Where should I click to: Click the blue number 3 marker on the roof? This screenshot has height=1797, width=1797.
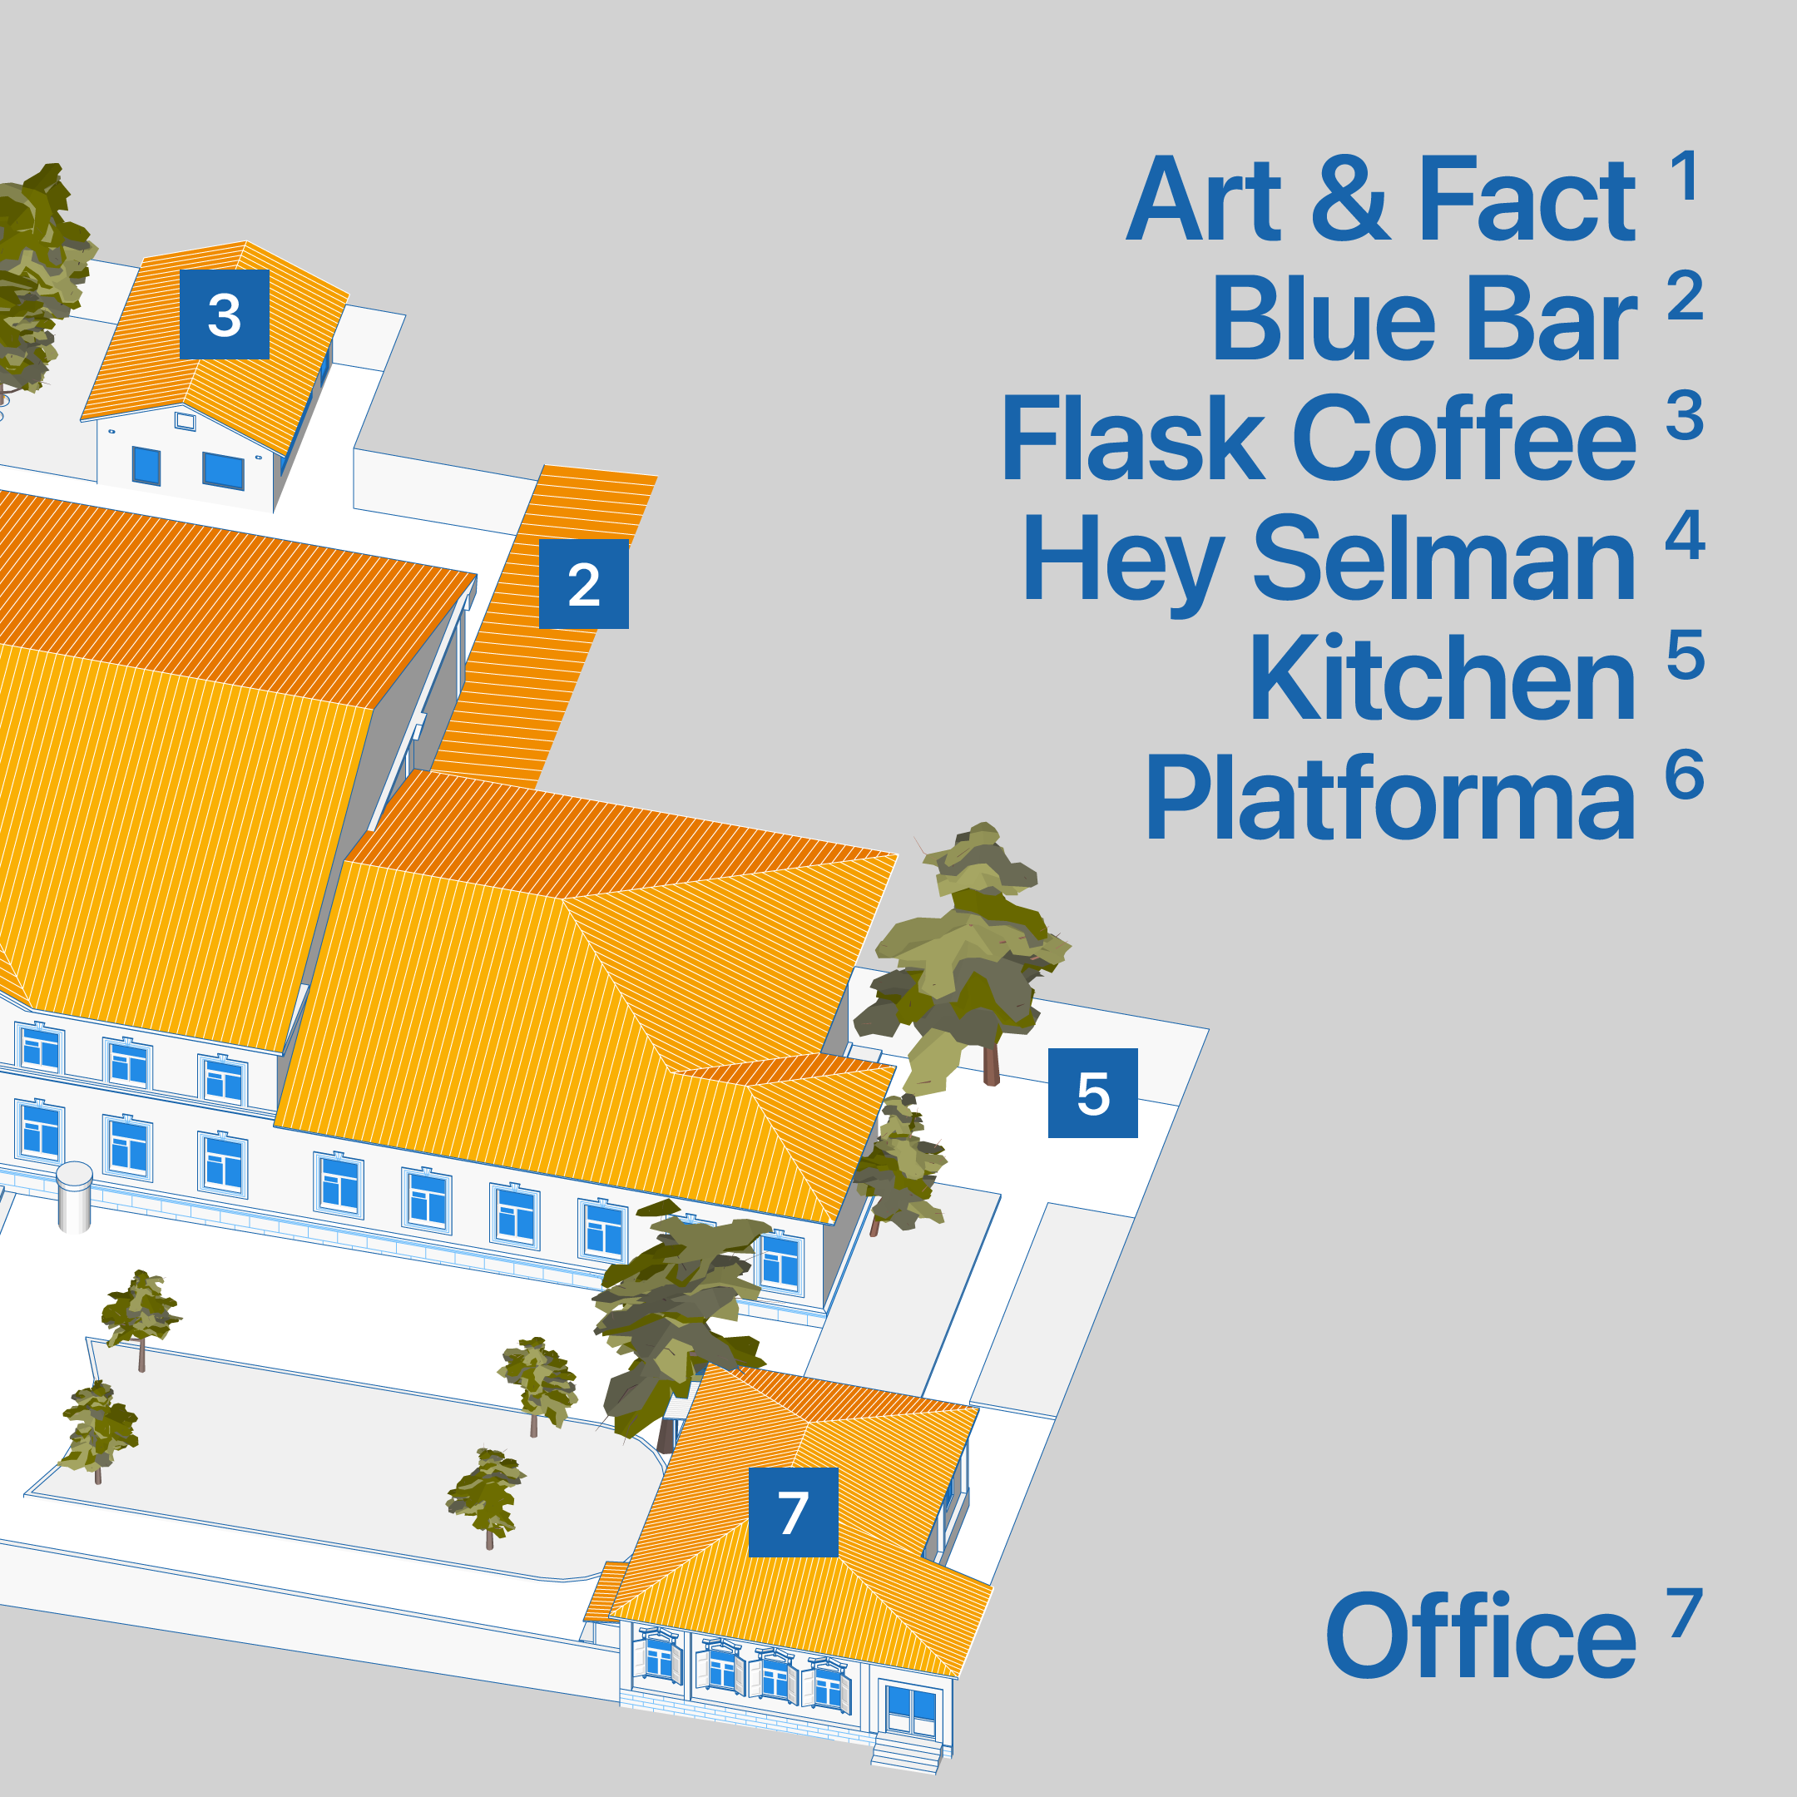224,314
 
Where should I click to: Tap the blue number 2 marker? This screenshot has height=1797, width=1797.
583,584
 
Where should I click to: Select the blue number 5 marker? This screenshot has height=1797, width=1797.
1093,1093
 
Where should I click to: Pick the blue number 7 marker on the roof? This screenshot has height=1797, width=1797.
793,1512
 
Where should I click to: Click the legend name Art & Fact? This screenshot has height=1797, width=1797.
1380,200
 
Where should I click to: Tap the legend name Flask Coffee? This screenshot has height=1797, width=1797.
1318,439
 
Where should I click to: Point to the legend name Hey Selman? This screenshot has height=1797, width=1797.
1329,560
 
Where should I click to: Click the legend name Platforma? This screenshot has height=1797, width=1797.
1389,799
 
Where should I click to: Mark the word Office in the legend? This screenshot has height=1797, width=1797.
1480,1637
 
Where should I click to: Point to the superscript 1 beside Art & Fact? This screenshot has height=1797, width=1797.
1685,176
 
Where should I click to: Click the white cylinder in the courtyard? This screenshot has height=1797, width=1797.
74,1196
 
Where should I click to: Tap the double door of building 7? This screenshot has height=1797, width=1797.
912,1711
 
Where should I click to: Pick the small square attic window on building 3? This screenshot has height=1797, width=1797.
185,421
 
